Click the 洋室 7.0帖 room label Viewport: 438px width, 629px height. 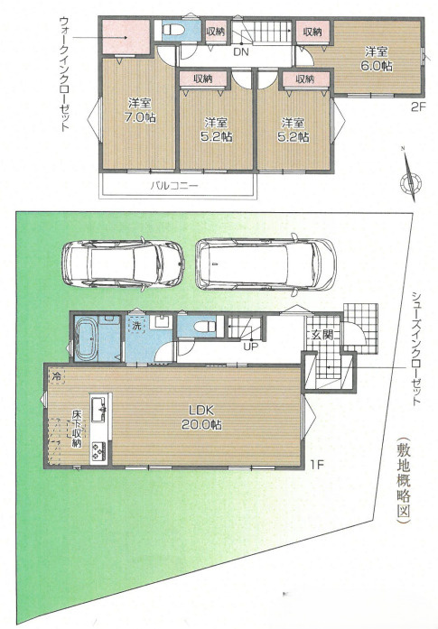tap(136, 109)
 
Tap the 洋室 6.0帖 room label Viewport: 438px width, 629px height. tap(377, 60)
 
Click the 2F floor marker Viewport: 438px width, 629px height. tap(416, 106)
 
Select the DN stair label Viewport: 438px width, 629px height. tap(241, 52)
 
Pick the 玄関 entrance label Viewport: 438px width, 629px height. tap(321, 335)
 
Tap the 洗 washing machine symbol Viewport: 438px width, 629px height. tap(135, 324)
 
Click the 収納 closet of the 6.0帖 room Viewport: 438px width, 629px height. tap(312, 32)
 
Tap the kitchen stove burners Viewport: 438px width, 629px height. tap(98, 449)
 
